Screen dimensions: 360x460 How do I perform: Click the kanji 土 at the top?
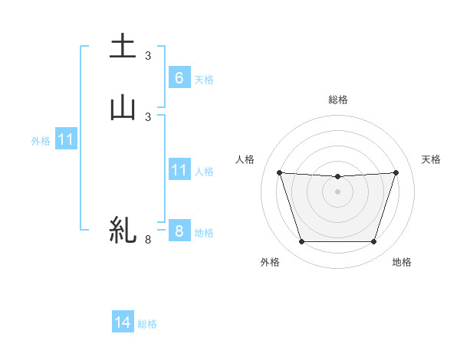coord(123,47)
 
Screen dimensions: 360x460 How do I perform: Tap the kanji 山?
coord(123,107)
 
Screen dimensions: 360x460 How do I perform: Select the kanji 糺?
coord(123,230)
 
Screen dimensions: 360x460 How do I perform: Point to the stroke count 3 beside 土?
coord(148,55)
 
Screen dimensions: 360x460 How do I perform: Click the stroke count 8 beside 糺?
coord(148,240)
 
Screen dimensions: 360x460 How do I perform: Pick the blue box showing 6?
coord(179,77)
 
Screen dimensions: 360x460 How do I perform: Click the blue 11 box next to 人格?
coord(179,170)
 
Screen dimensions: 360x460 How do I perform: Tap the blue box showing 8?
coord(179,231)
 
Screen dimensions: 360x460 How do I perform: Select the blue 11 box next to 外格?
coord(65,140)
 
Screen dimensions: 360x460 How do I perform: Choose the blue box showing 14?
coord(123,323)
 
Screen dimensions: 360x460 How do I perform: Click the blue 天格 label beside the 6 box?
coord(204,79)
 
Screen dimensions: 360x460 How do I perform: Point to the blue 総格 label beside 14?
coord(147,324)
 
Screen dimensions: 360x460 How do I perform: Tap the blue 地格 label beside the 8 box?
coord(204,233)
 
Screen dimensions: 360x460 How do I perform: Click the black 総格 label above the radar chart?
coord(338,100)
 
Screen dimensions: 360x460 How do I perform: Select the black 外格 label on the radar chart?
coord(270,262)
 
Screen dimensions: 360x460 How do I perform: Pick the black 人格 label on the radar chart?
coord(245,159)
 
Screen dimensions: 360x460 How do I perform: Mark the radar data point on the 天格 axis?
coord(396,172)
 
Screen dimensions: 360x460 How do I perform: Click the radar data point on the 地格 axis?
coord(373,242)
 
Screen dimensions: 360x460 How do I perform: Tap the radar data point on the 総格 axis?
coord(337,177)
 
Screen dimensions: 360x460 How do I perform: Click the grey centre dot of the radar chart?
coord(337,191)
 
